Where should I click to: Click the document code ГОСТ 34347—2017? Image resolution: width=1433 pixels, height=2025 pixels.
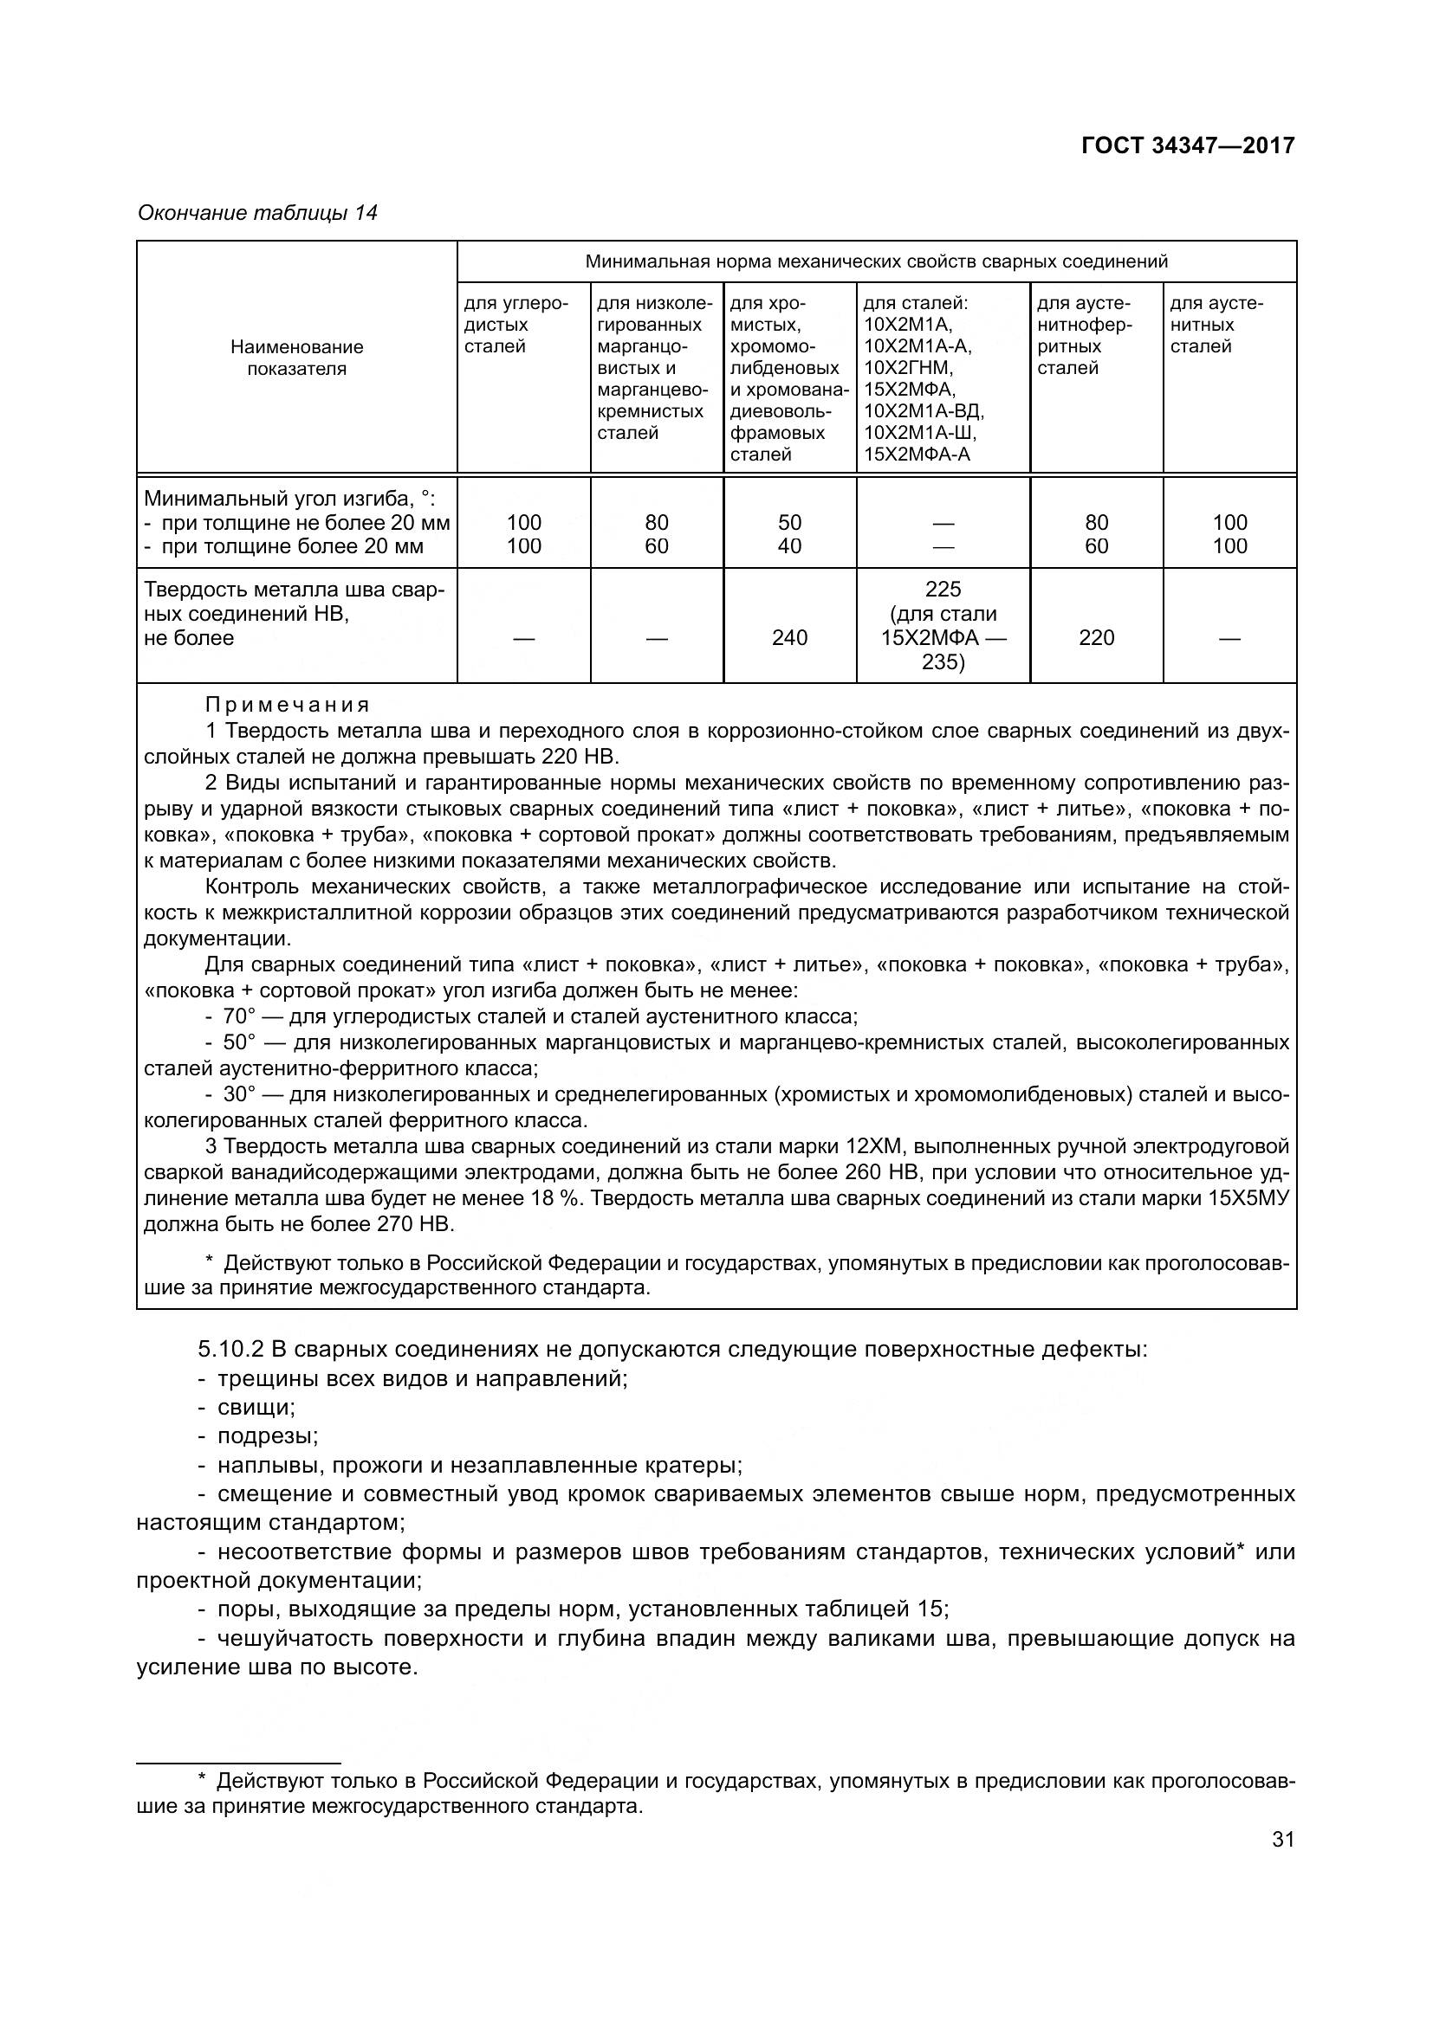click(x=1188, y=145)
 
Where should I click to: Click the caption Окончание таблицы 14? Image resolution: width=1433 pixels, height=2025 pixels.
click(x=256, y=213)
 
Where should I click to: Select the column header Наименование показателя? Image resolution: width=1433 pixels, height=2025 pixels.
click(x=296, y=358)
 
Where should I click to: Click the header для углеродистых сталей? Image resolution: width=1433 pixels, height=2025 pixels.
click(x=516, y=325)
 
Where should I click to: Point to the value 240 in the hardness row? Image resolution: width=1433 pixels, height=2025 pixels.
click(x=789, y=638)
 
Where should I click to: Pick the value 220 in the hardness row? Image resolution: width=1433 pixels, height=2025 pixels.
click(x=1096, y=638)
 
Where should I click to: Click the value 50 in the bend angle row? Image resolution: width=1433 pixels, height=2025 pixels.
click(x=789, y=522)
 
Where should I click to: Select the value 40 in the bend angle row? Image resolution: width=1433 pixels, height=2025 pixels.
click(x=789, y=546)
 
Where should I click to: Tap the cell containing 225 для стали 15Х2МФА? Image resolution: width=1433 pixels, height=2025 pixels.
click(x=943, y=625)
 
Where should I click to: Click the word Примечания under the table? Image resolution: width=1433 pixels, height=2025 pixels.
click(x=288, y=705)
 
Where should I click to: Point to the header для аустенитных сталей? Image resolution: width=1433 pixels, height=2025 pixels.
click(x=1216, y=325)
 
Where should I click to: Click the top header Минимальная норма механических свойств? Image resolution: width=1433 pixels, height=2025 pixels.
click(x=876, y=261)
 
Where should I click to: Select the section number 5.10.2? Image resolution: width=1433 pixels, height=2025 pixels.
click(x=230, y=1349)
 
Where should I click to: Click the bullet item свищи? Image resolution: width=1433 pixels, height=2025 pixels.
click(x=256, y=1407)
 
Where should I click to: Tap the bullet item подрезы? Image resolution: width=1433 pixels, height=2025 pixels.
click(x=268, y=1435)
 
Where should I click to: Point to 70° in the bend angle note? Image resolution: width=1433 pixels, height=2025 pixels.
click(x=238, y=1016)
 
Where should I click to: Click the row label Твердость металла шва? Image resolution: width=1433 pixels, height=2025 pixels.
click(x=294, y=590)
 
